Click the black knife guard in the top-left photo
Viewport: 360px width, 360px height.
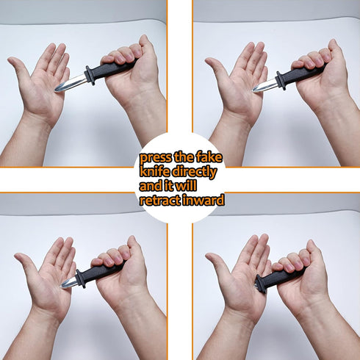[x=90, y=73]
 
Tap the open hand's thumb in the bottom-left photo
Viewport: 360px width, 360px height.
[x=24, y=264]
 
